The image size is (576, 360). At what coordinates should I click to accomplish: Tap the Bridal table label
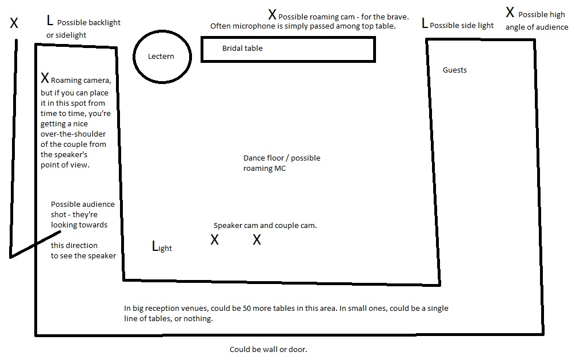click(242, 48)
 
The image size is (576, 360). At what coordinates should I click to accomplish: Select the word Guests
click(455, 70)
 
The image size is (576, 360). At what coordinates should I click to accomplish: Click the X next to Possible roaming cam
click(272, 15)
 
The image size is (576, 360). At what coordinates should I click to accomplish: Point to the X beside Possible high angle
click(510, 12)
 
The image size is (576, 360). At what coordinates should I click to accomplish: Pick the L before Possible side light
click(425, 23)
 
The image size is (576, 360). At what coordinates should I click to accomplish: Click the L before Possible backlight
click(50, 20)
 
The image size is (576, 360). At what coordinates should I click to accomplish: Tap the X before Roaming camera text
click(45, 78)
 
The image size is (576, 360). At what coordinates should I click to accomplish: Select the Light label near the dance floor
click(162, 246)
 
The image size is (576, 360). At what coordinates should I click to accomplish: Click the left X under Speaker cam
click(214, 240)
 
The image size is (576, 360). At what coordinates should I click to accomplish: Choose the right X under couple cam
click(257, 240)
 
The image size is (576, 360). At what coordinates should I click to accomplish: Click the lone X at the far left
click(14, 23)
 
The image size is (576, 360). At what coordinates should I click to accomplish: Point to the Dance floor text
click(264, 158)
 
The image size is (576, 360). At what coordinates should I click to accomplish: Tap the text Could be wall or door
click(269, 349)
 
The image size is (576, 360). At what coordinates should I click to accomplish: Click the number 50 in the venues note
click(247, 308)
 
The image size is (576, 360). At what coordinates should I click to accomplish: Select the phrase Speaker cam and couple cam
click(265, 226)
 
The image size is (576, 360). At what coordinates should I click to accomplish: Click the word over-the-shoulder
click(73, 134)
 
